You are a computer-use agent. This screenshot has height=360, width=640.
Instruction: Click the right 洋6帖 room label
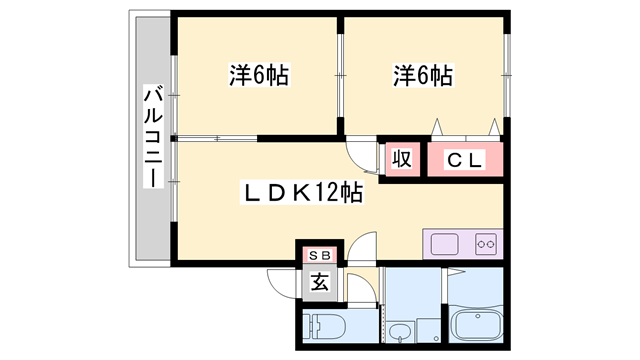pyautogui.click(x=422, y=75)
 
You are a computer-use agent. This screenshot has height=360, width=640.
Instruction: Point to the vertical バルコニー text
pyautogui.click(x=152, y=135)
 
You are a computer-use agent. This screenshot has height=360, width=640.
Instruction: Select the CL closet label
pyautogui.click(x=465, y=159)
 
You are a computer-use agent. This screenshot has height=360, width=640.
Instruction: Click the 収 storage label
pyautogui.click(x=402, y=159)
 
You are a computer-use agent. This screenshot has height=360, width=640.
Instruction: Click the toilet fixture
pyautogui.click(x=326, y=327)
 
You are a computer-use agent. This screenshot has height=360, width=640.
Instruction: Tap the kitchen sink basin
pyautogui.click(x=444, y=243)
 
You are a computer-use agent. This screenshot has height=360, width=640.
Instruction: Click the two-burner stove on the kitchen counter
pyautogui.click(x=487, y=243)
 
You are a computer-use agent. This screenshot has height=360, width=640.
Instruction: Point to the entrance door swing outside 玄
pyautogui.click(x=283, y=286)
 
